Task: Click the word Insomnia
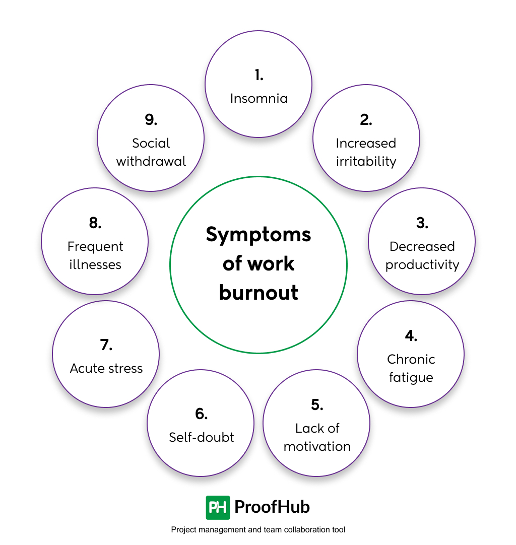coord(259,98)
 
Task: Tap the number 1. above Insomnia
coord(259,76)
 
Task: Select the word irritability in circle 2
coord(366,161)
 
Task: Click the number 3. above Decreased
coord(422,223)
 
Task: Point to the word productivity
coord(422,265)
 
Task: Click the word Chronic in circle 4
coord(411,359)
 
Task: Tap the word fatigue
coord(411,377)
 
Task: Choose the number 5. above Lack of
coord(317,405)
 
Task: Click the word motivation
coord(317,446)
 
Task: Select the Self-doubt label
coord(201,437)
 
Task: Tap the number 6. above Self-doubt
coord(201,414)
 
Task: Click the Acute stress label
coord(106,368)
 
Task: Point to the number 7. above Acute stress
coord(106,345)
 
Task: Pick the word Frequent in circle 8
coord(95,247)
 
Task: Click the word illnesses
coord(95,265)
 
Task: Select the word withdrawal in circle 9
coord(151,161)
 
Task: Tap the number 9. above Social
coord(151,120)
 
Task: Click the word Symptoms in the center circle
coord(259,235)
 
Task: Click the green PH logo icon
coord(218,507)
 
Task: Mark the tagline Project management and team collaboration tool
coord(258,530)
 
